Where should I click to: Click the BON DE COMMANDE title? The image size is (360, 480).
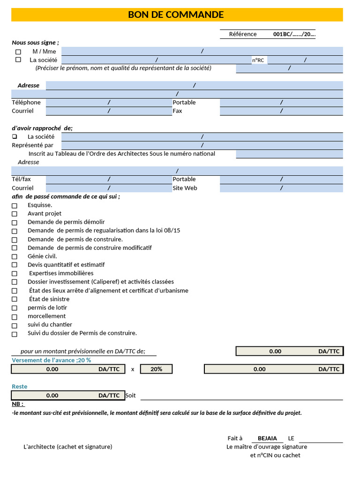(x=176, y=15)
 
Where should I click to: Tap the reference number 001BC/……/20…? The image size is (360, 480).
(x=294, y=34)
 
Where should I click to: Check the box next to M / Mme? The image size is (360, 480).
(x=18, y=52)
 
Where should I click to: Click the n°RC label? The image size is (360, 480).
(x=258, y=60)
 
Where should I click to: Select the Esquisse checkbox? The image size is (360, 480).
(x=15, y=205)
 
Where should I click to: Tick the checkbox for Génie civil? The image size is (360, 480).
(x=15, y=256)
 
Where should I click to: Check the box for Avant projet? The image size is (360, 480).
(x=15, y=214)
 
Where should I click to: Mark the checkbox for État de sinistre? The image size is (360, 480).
(x=15, y=299)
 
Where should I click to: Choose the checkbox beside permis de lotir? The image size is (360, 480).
(x=15, y=308)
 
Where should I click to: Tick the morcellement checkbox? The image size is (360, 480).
(x=15, y=316)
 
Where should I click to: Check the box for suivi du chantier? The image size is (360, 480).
(x=15, y=325)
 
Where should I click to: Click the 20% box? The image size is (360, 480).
(x=157, y=369)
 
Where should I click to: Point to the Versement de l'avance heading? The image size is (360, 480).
(x=51, y=360)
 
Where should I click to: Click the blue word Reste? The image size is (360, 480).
(x=20, y=387)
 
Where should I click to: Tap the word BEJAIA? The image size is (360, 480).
(x=267, y=439)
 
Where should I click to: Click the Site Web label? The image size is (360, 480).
(x=185, y=188)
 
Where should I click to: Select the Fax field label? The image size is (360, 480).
(x=177, y=111)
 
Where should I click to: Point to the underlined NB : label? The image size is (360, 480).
(x=18, y=404)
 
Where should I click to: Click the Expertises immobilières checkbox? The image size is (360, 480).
(x=15, y=274)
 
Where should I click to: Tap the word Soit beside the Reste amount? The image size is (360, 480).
(x=131, y=396)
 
